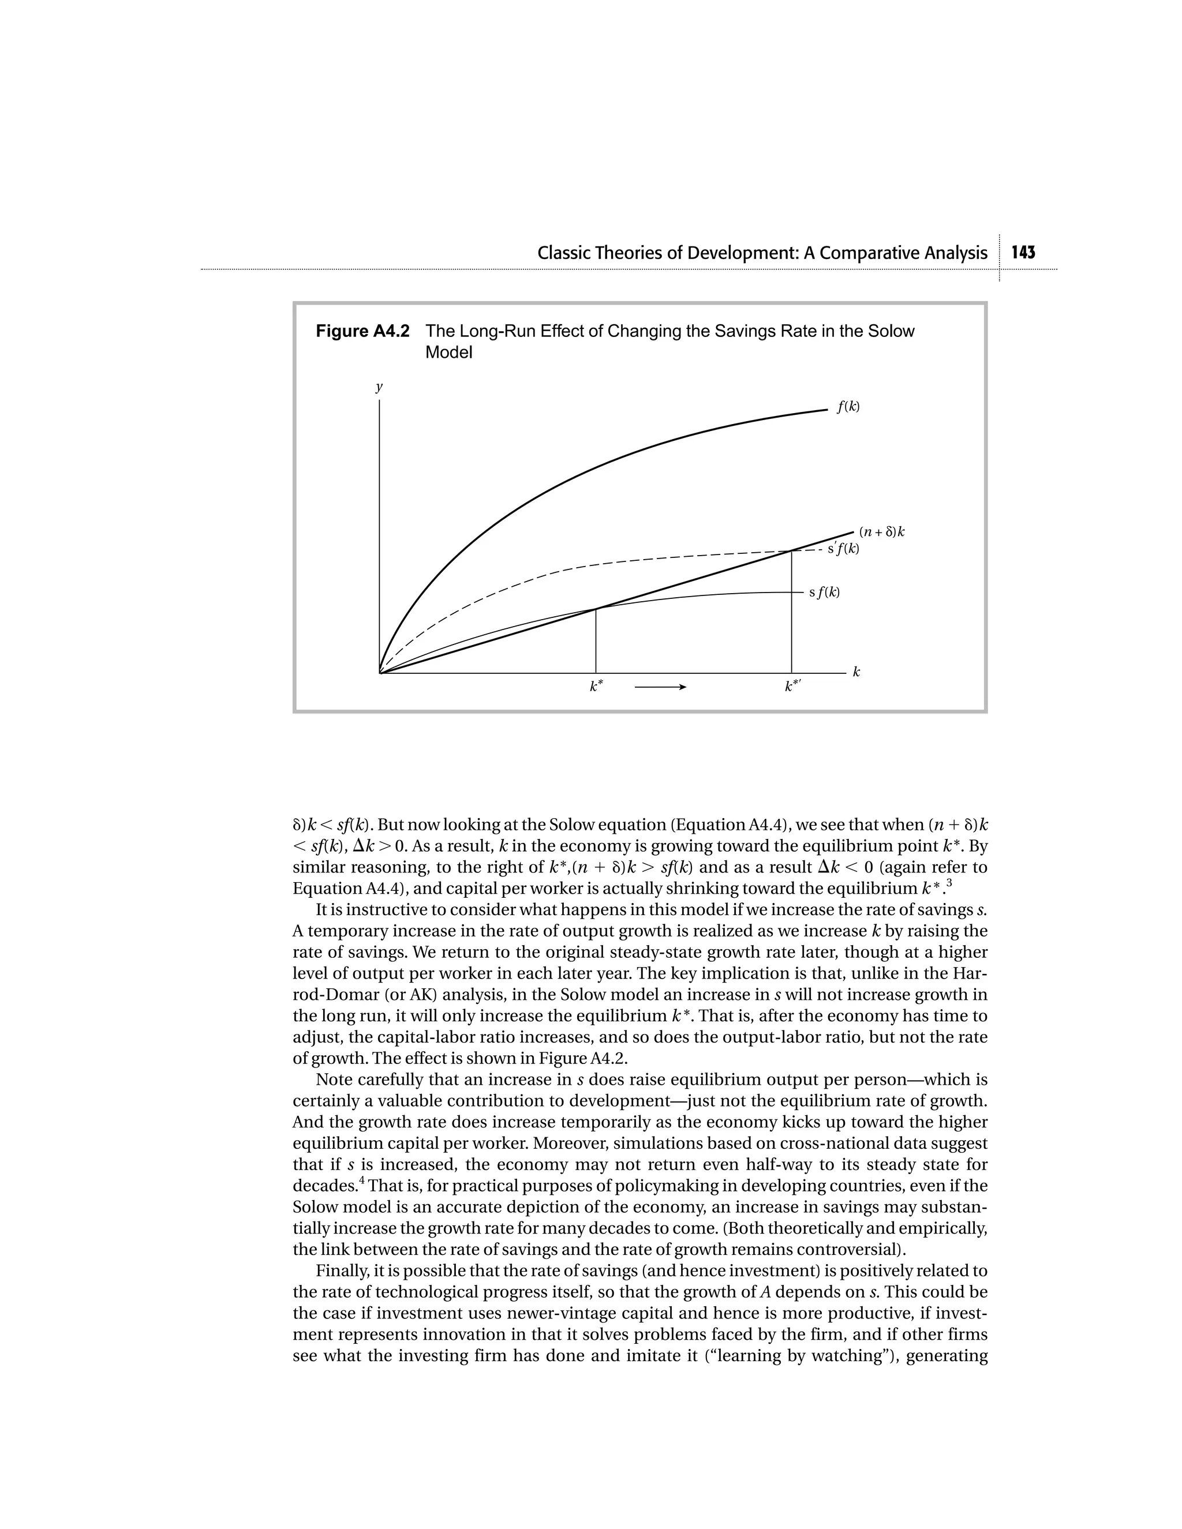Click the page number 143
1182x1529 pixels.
(1023, 253)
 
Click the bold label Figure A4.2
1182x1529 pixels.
(362, 331)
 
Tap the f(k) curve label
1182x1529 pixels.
(848, 407)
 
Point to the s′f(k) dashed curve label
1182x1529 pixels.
(843, 548)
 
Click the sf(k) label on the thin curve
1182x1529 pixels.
(824, 593)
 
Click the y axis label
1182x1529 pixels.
(379, 387)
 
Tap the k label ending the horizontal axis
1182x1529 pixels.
(856, 672)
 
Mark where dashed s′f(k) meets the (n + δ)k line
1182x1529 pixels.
(791, 551)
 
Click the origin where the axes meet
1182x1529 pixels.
(380, 673)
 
